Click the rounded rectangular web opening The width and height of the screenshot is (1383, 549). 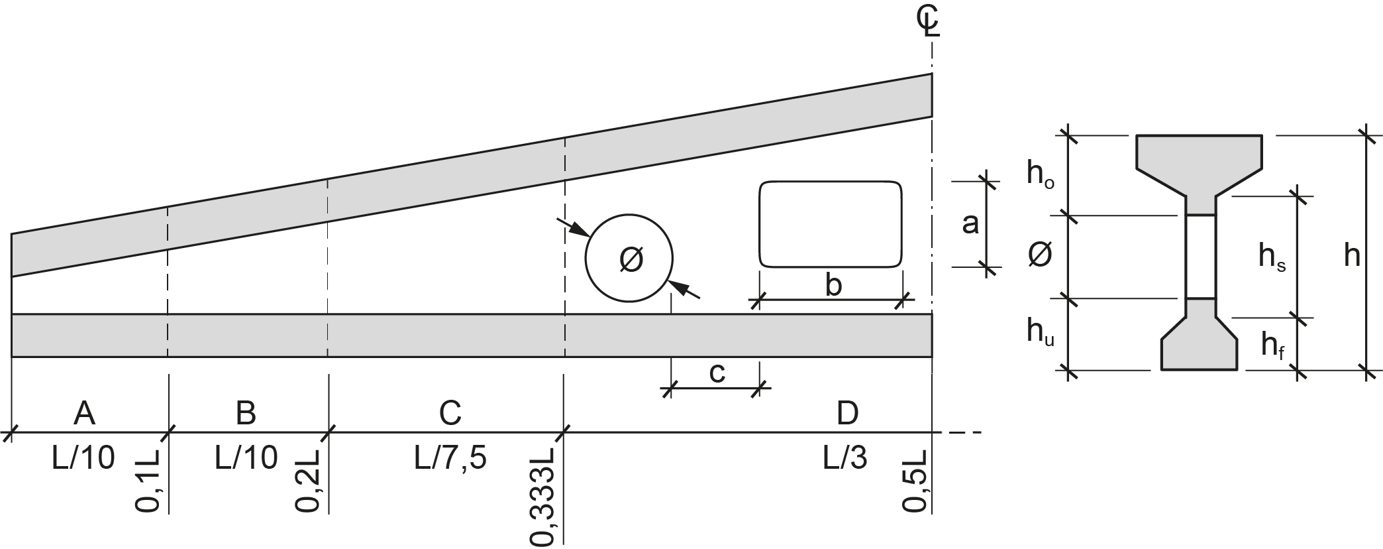(x=831, y=224)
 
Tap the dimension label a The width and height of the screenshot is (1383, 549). (x=970, y=224)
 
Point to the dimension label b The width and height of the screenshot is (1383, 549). (x=833, y=286)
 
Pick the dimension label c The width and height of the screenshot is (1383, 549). (x=717, y=373)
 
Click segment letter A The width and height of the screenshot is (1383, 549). (x=84, y=413)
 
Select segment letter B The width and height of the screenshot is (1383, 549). (x=246, y=413)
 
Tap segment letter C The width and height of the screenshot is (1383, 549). (x=450, y=413)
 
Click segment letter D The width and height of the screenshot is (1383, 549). (x=847, y=413)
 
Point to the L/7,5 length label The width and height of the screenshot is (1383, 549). (x=450, y=457)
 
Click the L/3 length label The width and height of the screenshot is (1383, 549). (x=845, y=457)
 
